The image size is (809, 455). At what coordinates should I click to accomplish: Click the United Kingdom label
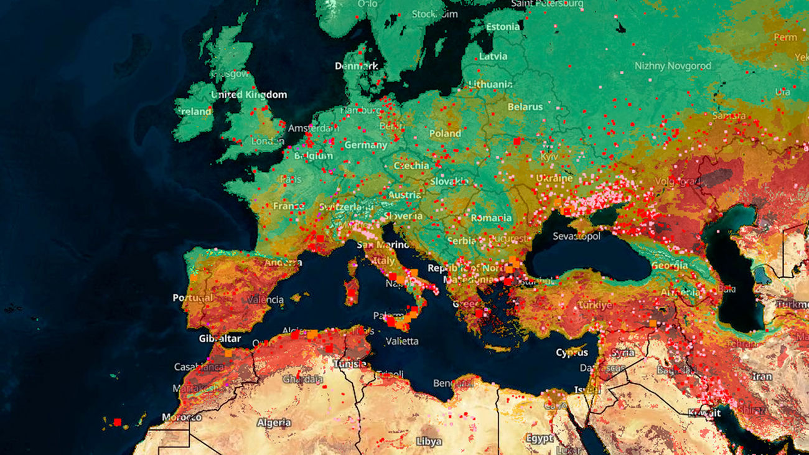(x=249, y=95)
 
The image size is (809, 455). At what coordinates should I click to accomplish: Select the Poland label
(x=445, y=133)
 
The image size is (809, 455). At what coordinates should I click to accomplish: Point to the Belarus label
(x=525, y=106)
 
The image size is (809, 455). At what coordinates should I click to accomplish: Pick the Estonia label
(x=503, y=27)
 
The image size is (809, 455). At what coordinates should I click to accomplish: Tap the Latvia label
(x=493, y=56)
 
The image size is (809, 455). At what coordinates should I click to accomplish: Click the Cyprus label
(x=572, y=352)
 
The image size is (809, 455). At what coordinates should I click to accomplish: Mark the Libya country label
(x=428, y=441)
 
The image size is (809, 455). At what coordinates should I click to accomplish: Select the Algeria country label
(x=274, y=423)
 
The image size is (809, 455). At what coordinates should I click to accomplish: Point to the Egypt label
(x=539, y=438)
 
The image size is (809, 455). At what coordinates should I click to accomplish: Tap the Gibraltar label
(x=220, y=338)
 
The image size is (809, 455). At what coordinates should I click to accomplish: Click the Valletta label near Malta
(x=402, y=341)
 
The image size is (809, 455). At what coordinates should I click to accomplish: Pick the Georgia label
(x=670, y=265)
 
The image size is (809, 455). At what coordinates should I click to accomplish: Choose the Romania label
(x=491, y=218)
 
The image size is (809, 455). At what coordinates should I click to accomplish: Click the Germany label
(x=366, y=145)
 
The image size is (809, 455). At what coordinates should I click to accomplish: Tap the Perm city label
(x=785, y=37)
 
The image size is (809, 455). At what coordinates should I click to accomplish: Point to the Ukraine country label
(x=554, y=178)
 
